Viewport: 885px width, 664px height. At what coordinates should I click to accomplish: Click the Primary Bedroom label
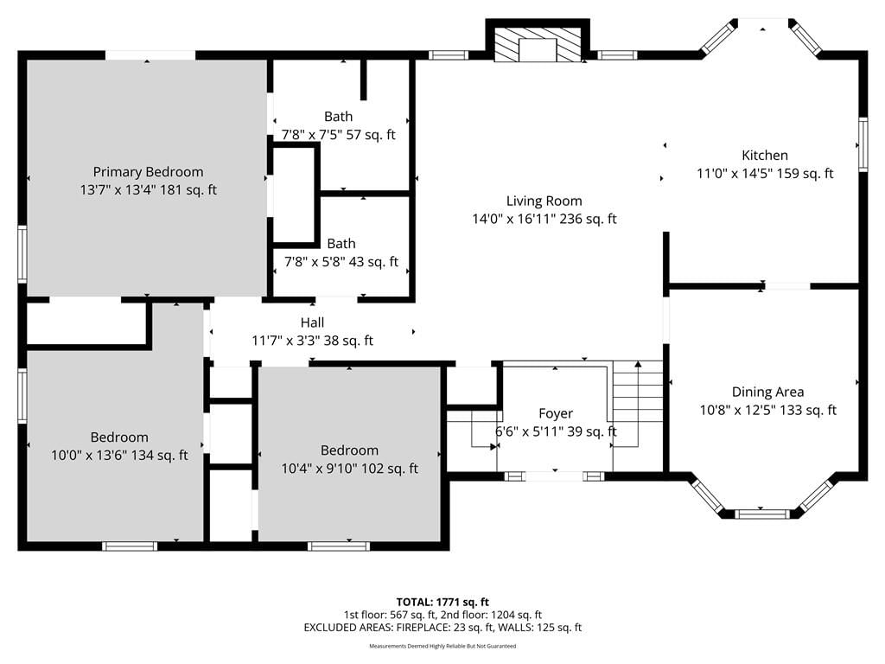[x=148, y=172]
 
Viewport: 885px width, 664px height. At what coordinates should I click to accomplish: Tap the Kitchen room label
[x=765, y=156]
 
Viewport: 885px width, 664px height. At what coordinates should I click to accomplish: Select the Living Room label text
[x=544, y=201]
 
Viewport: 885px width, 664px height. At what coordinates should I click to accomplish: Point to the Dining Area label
[x=767, y=392]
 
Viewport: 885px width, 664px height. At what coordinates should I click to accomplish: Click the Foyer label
[x=556, y=413]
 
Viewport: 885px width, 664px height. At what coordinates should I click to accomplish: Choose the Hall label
[x=312, y=322]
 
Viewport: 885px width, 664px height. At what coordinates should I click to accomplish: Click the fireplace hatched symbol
[x=538, y=45]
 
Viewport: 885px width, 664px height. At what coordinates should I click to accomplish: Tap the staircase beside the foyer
[x=638, y=404]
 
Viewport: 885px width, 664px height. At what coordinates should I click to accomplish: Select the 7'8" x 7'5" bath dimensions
[x=339, y=135]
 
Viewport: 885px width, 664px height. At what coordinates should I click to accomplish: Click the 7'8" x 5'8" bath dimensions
[x=341, y=262]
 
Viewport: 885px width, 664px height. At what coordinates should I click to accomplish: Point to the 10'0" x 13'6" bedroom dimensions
[x=119, y=455]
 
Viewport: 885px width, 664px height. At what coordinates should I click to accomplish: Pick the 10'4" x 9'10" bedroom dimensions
[x=350, y=469]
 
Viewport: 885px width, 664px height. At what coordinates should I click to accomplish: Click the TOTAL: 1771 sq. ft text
[x=442, y=602]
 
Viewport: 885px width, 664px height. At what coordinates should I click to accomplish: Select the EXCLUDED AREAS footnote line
[x=442, y=628]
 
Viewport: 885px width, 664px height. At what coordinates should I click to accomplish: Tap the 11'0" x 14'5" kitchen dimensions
[x=765, y=173]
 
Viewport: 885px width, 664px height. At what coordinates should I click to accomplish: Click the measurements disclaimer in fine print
[x=442, y=646]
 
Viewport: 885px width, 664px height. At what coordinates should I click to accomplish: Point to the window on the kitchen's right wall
[x=863, y=144]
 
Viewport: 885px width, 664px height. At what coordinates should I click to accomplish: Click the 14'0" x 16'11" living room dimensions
[x=544, y=219]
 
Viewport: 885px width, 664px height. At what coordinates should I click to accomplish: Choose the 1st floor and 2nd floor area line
[x=442, y=615]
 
